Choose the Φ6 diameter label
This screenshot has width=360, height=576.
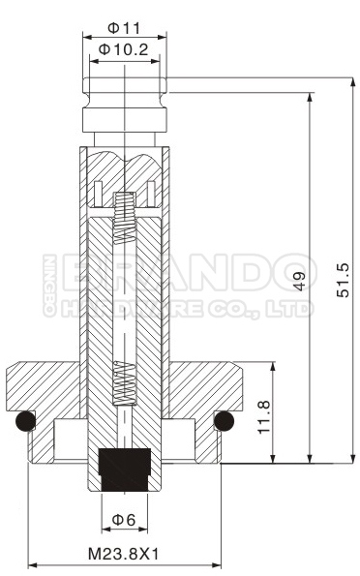[x=124, y=520]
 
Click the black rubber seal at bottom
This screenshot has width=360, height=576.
[x=125, y=467]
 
